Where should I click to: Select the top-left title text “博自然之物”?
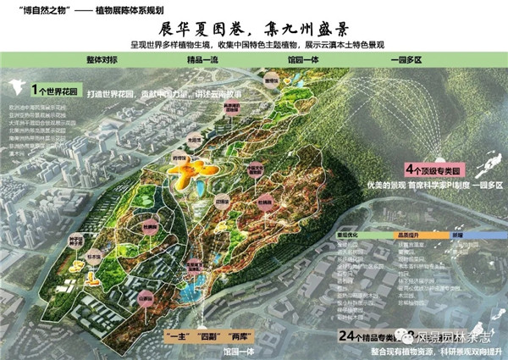tap(35, 9)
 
